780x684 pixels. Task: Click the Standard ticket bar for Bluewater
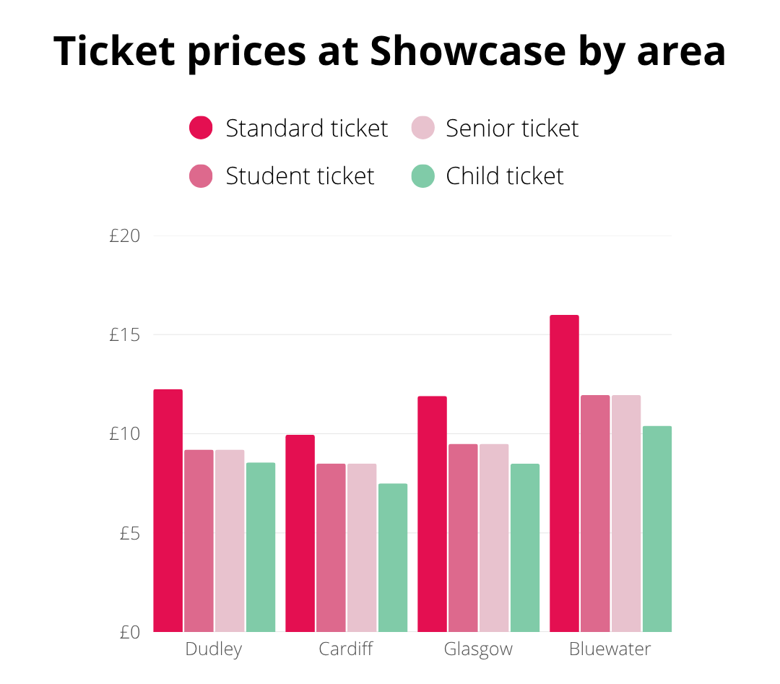[564, 473]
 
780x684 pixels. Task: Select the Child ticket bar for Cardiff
[393, 558]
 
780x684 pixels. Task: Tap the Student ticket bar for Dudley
[199, 540]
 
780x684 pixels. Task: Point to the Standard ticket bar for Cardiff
[300, 533]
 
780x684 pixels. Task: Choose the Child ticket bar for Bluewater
[657, 529]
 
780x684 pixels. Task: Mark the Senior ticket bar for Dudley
[230, 540]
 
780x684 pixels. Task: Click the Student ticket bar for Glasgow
[463, 537]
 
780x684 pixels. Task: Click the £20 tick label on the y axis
[124, 236]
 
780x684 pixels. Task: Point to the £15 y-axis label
[124, 335]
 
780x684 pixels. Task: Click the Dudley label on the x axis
[214, 649]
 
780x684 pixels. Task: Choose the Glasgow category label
[478, 649]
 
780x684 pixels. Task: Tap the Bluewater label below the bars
[610, 649]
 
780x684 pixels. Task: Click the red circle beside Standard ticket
[201, 128]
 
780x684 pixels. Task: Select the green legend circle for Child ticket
[422, 176]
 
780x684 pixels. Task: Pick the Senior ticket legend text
[512, 128]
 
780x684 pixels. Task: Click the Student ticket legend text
[300, 176]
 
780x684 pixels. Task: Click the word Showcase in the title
[468, 51]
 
